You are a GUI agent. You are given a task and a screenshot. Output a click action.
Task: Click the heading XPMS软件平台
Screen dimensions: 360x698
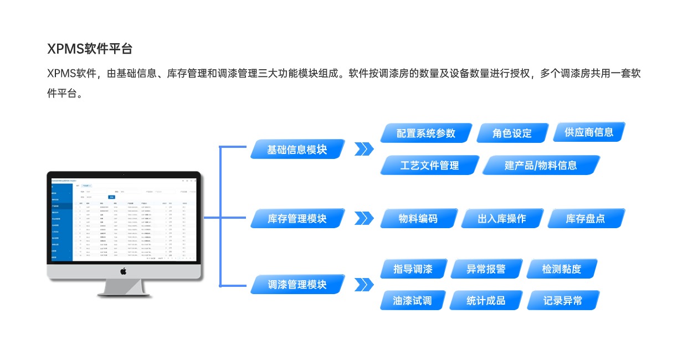90,49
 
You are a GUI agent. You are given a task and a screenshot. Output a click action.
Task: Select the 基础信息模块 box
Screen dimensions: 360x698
297,150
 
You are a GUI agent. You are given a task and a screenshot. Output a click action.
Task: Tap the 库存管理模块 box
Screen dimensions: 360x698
297,219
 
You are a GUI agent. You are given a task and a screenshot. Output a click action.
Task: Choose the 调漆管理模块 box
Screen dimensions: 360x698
297,285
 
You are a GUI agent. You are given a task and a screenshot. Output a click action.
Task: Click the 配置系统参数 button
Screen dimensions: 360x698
426,133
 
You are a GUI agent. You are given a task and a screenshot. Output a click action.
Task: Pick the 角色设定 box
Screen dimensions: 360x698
512,133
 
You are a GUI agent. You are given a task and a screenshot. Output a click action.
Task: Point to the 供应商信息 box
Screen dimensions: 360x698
589,132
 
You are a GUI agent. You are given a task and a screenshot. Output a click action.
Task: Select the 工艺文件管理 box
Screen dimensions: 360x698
429,165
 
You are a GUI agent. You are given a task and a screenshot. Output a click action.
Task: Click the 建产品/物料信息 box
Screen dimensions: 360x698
541,165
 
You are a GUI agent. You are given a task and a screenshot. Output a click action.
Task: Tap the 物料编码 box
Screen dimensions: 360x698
418,219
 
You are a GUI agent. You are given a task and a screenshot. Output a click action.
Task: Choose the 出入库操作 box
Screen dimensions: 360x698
502,219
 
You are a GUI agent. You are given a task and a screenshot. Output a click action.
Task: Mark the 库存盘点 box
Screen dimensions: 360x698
586,219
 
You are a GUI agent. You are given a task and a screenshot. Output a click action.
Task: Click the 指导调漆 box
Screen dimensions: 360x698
413,269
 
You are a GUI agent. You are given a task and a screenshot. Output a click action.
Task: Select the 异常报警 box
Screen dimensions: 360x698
486,269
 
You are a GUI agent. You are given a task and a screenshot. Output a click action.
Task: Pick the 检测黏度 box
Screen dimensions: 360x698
562,269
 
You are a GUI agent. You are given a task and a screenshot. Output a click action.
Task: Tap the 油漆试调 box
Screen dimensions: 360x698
412,301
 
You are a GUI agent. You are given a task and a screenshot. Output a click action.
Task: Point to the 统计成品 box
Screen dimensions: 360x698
486,301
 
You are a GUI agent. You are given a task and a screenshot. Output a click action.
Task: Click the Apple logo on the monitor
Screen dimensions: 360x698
124,271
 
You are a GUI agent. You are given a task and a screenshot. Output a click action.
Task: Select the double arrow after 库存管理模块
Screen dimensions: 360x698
363,219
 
